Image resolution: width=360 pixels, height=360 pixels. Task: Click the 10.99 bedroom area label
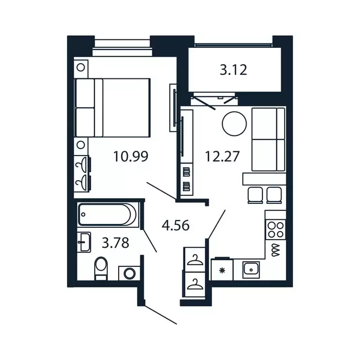click(x=131, y=156)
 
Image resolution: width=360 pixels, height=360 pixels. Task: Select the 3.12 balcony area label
click(x=233, y=70)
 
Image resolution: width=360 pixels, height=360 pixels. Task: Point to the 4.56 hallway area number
click(x=175, y=226)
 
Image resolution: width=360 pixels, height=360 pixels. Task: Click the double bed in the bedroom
click(x=112, y=107)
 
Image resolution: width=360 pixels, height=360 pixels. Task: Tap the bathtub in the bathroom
click(x=108, y=215)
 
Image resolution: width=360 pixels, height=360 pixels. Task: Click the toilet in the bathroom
click(x=101, y=270)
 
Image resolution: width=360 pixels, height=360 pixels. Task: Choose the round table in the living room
click(x=234, y=124)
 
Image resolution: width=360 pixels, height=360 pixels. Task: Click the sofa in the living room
click(x=268, y=139)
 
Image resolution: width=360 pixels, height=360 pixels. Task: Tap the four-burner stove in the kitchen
click(x=275, y=230)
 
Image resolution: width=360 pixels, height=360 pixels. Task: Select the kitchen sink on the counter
click(x=251, y=269)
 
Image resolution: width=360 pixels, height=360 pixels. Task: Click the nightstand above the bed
click(x=81, y=67)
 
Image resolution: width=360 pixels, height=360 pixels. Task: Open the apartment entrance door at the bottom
click(x=159, y=314)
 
